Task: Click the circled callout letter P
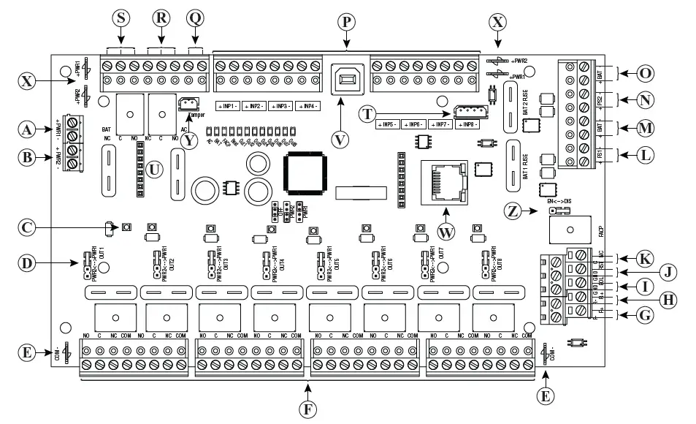348,21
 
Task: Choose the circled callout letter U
153,168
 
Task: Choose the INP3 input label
280,107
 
